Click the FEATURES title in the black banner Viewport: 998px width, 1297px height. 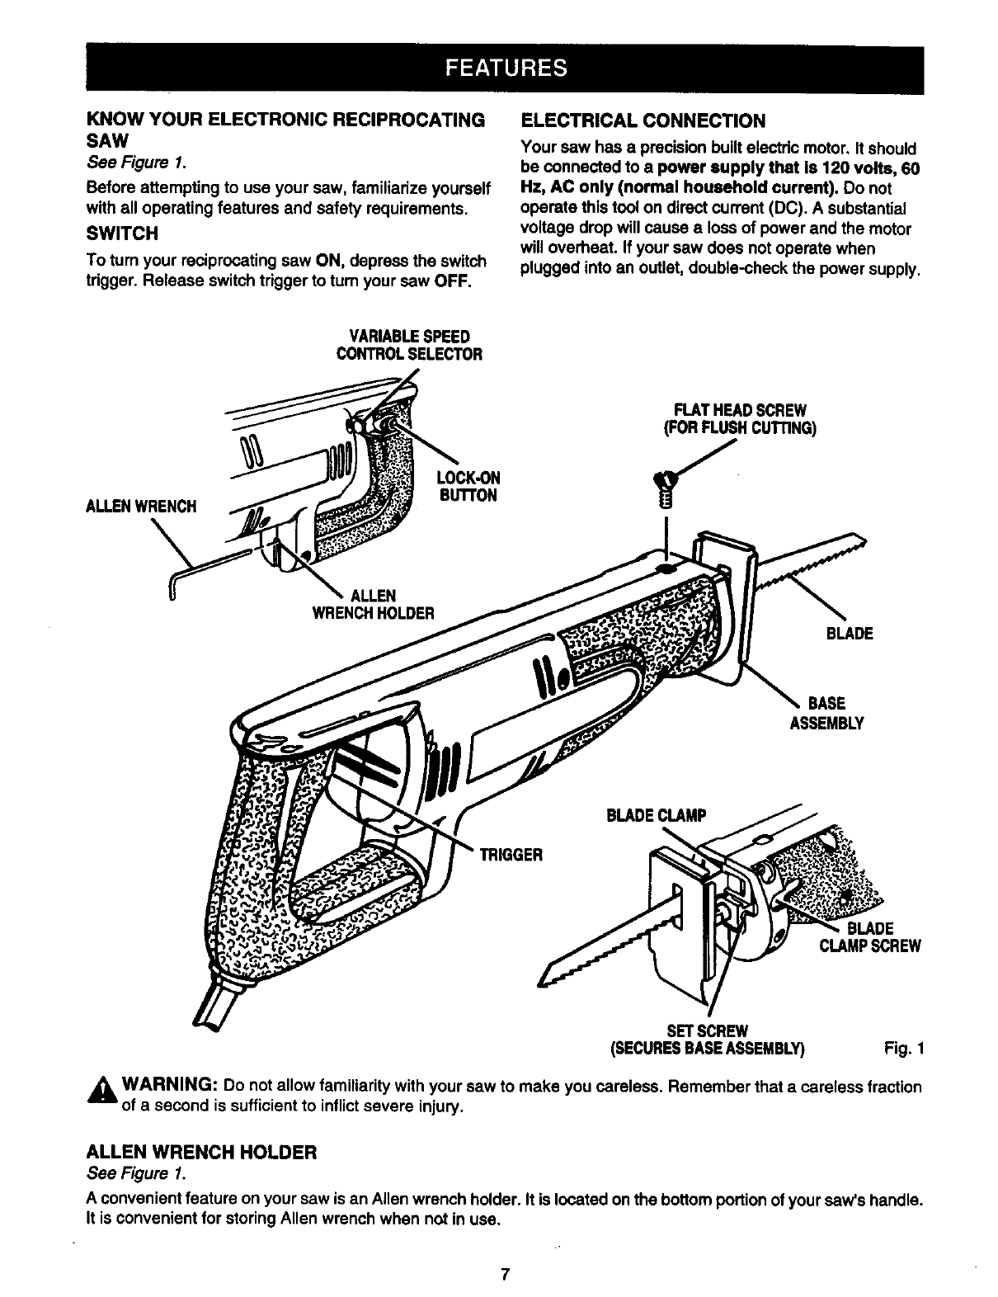pyautogui.click(x=505, y=67)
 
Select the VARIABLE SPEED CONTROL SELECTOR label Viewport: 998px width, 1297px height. pyautogui.click(x=409, y=346)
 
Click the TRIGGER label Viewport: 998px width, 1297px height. pyautogui.click(x=511, y=854)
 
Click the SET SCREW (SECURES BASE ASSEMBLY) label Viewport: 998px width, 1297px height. pyautogui.click(x=707, y=1040)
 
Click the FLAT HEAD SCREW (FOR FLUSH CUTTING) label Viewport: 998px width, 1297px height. pyautogui.click(x=740, y=420)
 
